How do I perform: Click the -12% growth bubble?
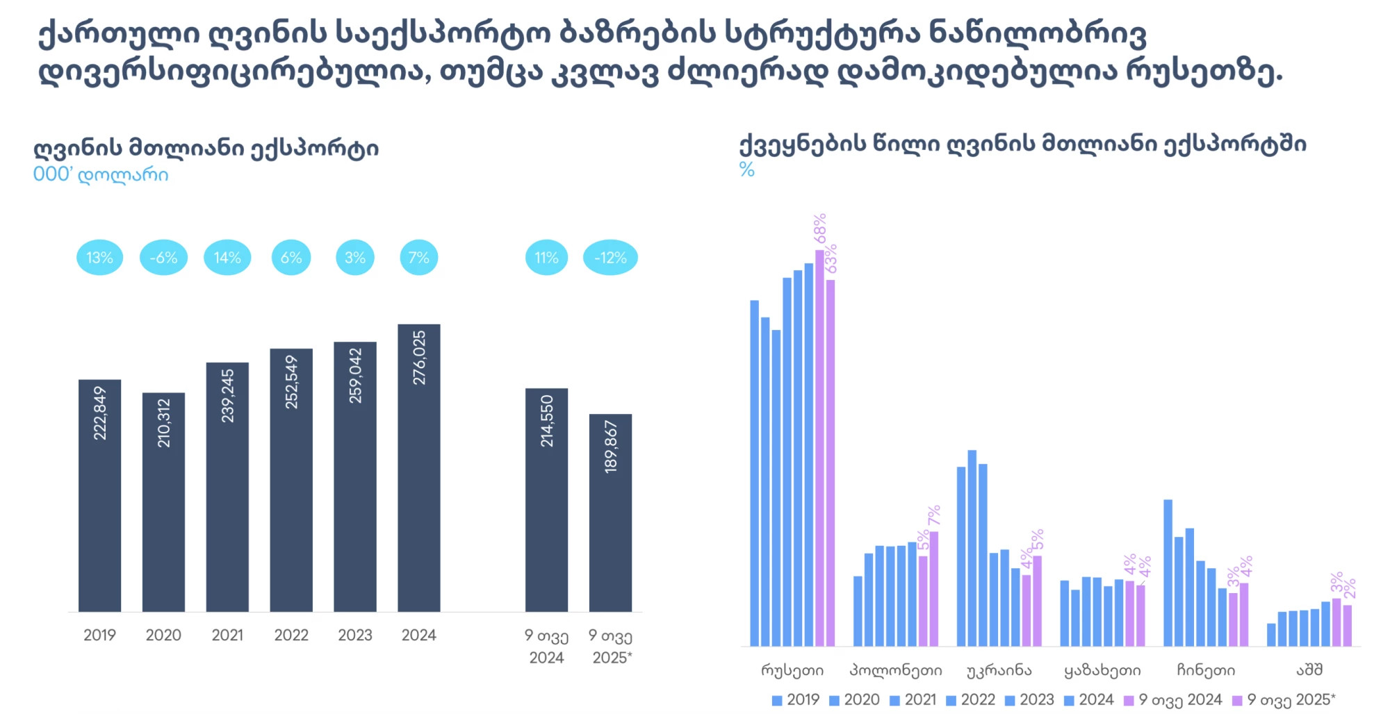click(610, 258)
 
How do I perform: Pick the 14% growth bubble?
click(227, 258)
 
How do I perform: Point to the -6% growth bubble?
click(163, 258)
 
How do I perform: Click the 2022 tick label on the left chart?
click(291, 635)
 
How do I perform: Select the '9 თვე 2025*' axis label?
click(611, 647)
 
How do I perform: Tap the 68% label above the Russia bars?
click(820, 229)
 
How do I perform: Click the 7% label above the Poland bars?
click(934, 515)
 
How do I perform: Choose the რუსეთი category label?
click(792, 670)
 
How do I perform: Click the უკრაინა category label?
click(999, 670)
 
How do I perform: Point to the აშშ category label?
click(1309, 670)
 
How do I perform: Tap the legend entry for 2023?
click(1029, 700)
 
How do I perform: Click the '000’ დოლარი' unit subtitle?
click(101, 174)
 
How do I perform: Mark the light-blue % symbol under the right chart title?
click(746, 169)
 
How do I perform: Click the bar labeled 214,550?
click(546, 499)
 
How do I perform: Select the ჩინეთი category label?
click(1206, 670)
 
